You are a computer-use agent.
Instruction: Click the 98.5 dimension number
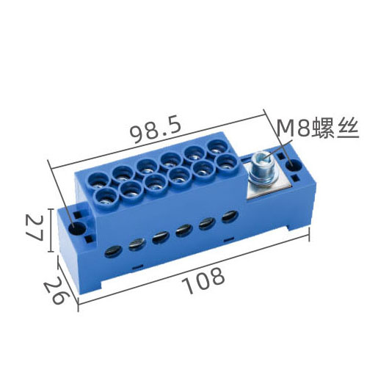point(156,131)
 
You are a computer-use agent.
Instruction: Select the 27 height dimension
point(34,228)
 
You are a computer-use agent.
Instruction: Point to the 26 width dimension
point(57,289)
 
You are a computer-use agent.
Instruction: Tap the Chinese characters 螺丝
point(335,128)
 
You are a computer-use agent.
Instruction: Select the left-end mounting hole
point(76,228)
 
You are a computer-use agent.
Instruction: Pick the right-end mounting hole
point(294,165)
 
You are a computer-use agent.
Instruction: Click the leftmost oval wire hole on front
point(113,252)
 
